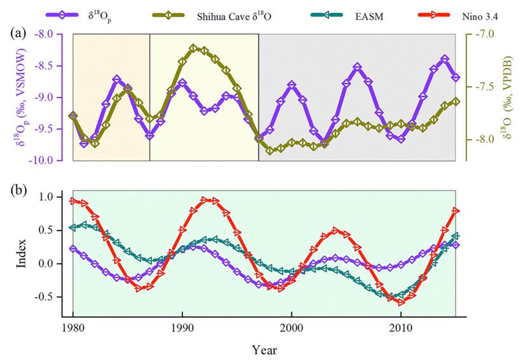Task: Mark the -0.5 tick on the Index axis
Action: [58, 297]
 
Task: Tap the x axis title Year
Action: [264, 350]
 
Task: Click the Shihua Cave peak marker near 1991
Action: [193, 48]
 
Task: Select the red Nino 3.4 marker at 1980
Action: [73, 201]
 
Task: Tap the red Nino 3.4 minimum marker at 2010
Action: [401, 302]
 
